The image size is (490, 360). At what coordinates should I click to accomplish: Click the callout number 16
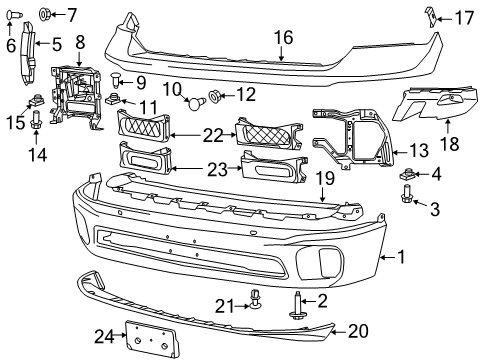[x=283, y=37]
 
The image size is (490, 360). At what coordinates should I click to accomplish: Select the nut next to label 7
[x=46, y=13]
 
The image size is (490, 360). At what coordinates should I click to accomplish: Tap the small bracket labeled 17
[x=431, y=16]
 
